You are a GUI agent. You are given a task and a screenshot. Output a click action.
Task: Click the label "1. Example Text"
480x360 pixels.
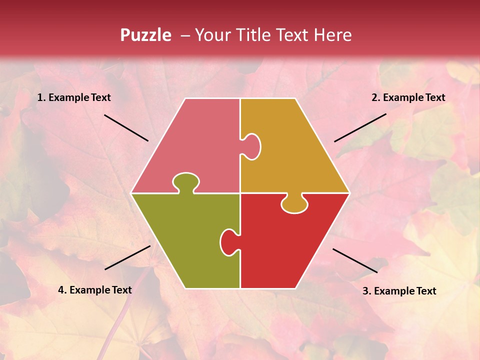point(74,97)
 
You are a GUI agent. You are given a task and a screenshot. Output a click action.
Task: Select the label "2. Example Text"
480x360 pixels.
point(408,97)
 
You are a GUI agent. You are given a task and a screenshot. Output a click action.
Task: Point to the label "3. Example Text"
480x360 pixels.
point(399,291)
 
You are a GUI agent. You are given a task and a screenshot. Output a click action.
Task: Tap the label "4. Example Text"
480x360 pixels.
point(94,290)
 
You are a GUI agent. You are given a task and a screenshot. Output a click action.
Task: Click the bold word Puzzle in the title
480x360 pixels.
point(145,35)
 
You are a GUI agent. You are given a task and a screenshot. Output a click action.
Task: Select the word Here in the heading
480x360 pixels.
point(333,35)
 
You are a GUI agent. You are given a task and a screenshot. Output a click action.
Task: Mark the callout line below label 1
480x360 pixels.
point(126,128)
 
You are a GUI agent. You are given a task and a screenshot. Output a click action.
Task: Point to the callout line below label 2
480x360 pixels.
point(360,127)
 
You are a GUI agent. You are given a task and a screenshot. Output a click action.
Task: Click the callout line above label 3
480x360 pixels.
point(355,260)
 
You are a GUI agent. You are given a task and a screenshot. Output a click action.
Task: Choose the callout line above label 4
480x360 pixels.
point(127,257)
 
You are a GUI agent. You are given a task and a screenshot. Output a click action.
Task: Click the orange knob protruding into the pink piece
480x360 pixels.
point(252,146)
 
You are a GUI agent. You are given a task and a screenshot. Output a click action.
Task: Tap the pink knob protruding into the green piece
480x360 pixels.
point(185,181)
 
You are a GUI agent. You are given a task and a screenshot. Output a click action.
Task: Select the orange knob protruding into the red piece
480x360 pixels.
point(294,204)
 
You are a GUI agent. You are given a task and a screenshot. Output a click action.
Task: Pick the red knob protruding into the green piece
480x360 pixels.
point(228,242)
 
